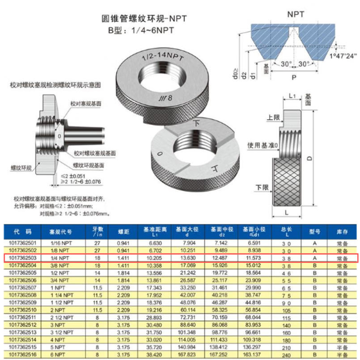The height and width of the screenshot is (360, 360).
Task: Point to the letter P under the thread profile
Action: pos(293,77)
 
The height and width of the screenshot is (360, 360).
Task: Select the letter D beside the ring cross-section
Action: pos(319,158)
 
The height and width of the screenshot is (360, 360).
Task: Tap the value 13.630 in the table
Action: pos(188,258)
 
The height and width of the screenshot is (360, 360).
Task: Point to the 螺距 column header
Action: pos(124,232)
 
